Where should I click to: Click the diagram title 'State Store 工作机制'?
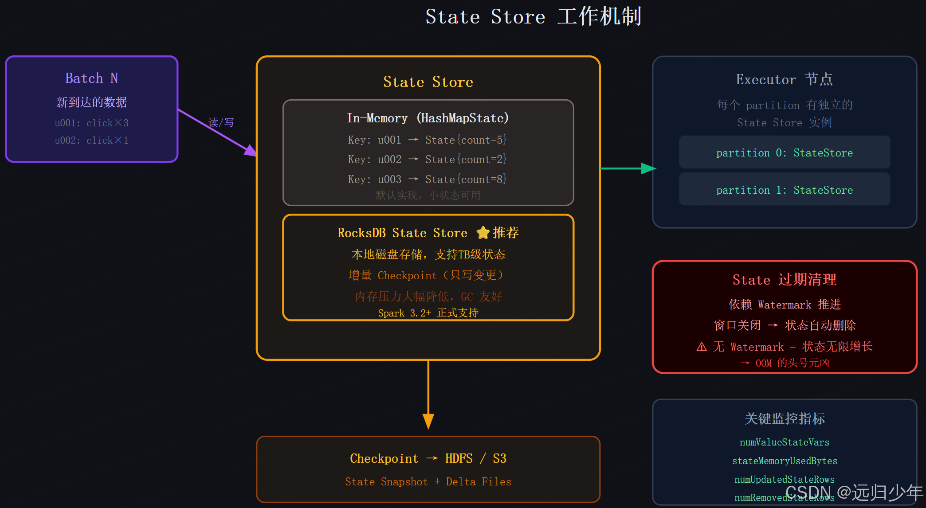(534, 17)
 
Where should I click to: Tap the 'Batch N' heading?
(92, 78)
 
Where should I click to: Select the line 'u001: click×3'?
(92, 123)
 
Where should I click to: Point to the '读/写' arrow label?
(221, 122)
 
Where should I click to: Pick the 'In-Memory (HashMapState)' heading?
(428, 118)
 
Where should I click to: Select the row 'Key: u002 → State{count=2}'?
(427, 159)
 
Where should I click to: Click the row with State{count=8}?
(427, 179)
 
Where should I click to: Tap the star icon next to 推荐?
(483, 233)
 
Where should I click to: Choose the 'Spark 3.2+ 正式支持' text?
(428, 313)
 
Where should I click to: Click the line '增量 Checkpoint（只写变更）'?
(427, 275)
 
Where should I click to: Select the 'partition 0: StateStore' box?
(784, 152)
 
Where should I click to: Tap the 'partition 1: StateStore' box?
(784, 190)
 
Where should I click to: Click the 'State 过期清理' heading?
(784, 280)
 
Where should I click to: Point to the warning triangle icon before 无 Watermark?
(702, 347)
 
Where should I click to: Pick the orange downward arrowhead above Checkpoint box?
(428, 421)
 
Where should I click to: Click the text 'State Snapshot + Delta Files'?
(428, 481)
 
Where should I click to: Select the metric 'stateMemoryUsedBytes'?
(784, 461)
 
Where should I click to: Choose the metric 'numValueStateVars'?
(784, 442)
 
